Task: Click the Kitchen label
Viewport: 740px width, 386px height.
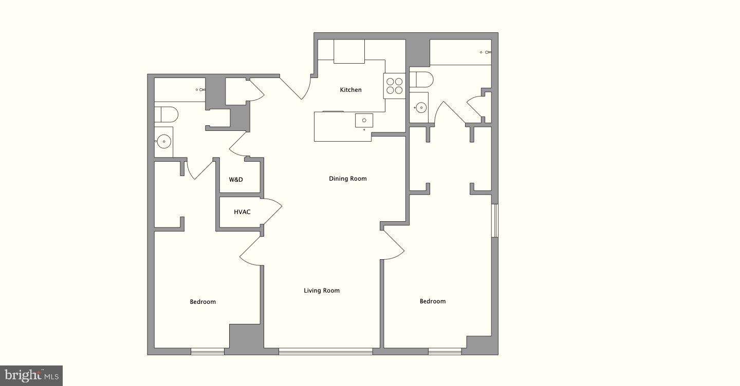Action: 350,90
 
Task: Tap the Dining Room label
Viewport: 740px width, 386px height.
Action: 347,179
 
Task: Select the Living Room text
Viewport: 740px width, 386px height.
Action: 321,291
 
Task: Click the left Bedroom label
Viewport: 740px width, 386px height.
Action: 202,302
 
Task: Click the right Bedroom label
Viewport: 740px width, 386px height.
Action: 432,301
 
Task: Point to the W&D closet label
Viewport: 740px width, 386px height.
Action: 236,180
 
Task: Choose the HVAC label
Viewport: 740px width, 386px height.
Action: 242,212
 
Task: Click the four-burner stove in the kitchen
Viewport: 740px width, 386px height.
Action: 394,86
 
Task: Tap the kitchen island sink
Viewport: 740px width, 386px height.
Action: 364,121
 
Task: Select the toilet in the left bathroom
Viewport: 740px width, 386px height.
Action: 166,114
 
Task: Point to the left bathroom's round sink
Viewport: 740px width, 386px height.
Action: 164,141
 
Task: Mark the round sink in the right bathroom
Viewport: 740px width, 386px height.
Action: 421,107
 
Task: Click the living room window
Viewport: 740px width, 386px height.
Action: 325,352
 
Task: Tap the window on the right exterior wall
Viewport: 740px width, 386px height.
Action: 494,221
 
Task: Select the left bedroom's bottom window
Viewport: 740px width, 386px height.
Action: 208,352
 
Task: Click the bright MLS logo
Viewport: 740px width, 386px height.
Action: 31,376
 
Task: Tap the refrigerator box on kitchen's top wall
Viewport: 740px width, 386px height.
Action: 349,51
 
